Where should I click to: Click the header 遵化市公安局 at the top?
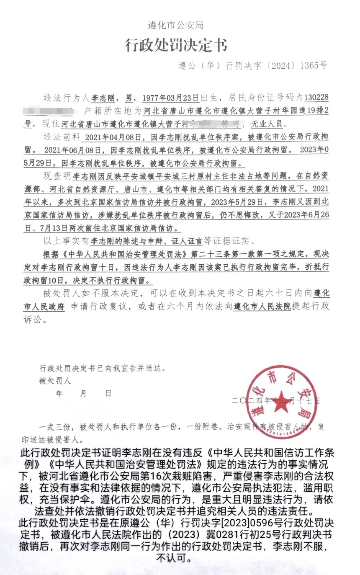tap(175, 25)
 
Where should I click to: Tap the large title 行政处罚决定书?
tap(176, 45)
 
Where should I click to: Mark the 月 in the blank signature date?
tap(83, 394)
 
